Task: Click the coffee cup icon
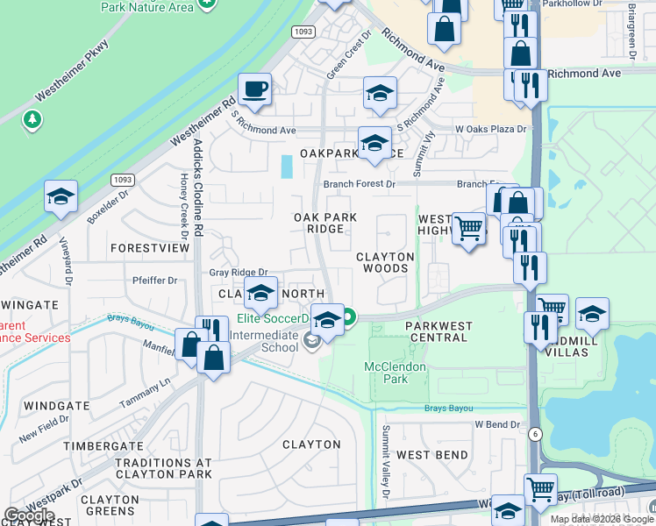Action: click(254, 89)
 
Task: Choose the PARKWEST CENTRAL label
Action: click(439, 332)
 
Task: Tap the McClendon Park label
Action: click(396, 373)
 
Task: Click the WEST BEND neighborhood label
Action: click(431, 455)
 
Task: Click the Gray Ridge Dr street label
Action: click(238, 274)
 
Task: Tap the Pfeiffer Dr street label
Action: click(154, 281)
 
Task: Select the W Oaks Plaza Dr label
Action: click(490, 130)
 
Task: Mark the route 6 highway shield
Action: click(534, 433)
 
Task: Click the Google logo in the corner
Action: click(29, 515)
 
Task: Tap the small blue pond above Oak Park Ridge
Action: click(287, 167)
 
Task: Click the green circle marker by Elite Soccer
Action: click(349, 317)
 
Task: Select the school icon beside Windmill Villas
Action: click(592, 315)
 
